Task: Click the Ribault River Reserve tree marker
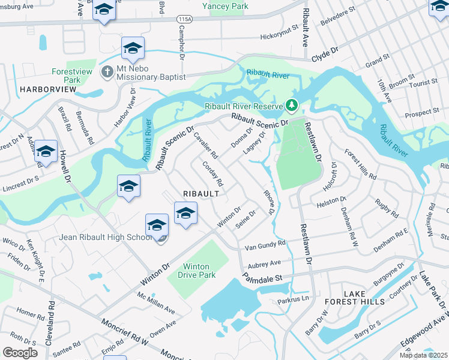(x=292, y=106)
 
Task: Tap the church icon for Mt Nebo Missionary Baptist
(x=107, y=72)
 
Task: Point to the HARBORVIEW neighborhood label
(x=48, y=89)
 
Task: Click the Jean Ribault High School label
(x=105, y=237)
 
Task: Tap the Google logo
(x=20, y=352)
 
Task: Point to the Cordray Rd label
(x=212, y=173)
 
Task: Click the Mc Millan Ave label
(x=156, y=303)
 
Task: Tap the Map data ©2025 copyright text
(x=423, y=355)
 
